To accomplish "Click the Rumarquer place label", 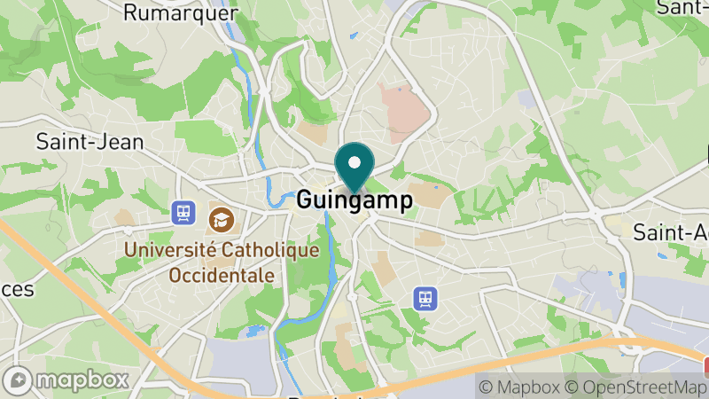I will pos(181,12).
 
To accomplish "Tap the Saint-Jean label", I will pos(90,141).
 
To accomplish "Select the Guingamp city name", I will pos(354,200).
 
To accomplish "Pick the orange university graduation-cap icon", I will pos(218,216).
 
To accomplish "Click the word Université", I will pos(167,250).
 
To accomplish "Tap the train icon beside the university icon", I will pos(183,212).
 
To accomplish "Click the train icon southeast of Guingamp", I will pos(425,299).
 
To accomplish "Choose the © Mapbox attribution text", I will pos(518,387).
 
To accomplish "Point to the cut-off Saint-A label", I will pos(670,232).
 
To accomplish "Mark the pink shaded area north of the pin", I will pos(402,110).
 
